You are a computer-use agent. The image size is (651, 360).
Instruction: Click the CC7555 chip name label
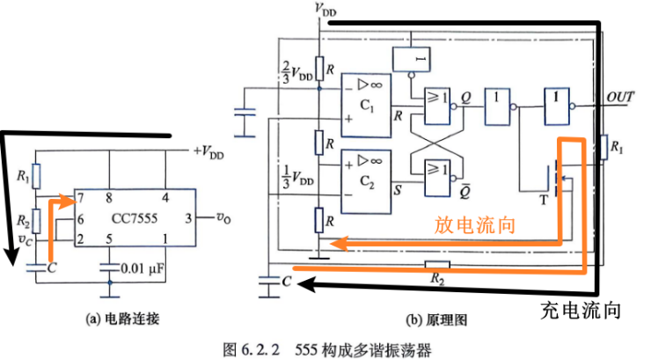click(x=135, y=218)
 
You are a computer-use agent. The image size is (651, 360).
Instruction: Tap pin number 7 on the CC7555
click(x=81, y=198)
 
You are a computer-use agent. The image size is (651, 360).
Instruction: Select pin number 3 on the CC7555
click(x=188, y=218)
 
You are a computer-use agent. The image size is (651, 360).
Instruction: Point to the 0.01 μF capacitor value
click(x=143, y=268)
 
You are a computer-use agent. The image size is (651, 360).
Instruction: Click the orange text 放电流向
click(x=475, y=225)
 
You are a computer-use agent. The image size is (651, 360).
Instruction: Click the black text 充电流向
click(x=581, y=311)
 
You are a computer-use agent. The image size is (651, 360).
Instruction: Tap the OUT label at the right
click(x=620, y=97)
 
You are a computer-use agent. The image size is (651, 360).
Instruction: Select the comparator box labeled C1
click(x=366, y=106)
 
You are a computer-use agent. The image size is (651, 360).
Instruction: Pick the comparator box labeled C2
click(x=366, y=182)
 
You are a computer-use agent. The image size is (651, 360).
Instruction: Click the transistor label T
click(x=544, y=201)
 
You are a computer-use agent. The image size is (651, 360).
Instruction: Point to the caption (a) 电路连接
click(x=122, y=319)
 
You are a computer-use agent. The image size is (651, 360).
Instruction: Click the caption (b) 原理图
click(x=436, y=320)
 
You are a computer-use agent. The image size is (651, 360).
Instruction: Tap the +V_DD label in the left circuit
click(x=208, y=152)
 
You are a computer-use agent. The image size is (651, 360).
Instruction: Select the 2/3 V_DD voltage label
click(x=296, y=72)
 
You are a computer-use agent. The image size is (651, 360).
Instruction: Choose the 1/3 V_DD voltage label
click(x=297, y=177)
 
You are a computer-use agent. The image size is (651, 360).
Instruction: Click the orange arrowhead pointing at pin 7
click(x=69, y=202)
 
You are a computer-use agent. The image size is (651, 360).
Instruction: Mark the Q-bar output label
click(x=465, y=191)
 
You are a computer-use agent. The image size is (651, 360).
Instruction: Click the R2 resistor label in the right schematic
click(x=436, y=278)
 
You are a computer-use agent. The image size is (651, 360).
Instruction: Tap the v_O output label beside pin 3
click(x=223, y=217)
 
